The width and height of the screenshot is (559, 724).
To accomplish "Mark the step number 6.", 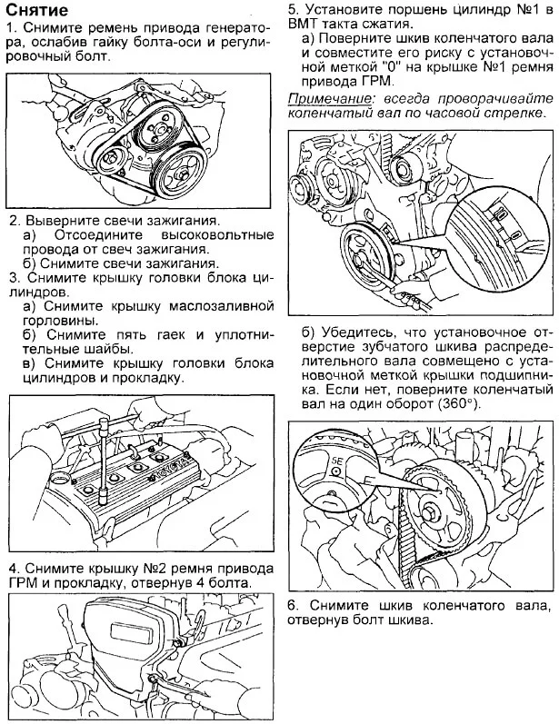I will click(x=293, y=605).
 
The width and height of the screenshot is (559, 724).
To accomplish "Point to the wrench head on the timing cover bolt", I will click(x=162, y=674).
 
